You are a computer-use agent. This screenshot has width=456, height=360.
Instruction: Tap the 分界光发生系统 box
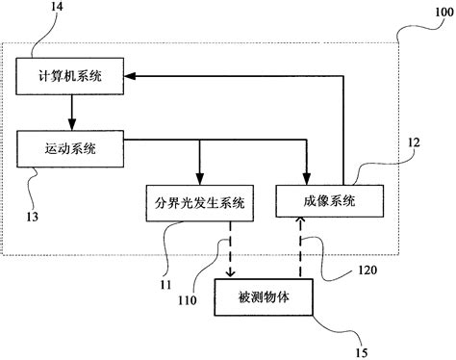click(x=199, y=203)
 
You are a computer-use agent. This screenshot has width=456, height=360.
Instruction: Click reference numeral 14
click(x=43, y=9)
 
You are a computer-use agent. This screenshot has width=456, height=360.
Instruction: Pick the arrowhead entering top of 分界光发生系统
click(x=199, y=179)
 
